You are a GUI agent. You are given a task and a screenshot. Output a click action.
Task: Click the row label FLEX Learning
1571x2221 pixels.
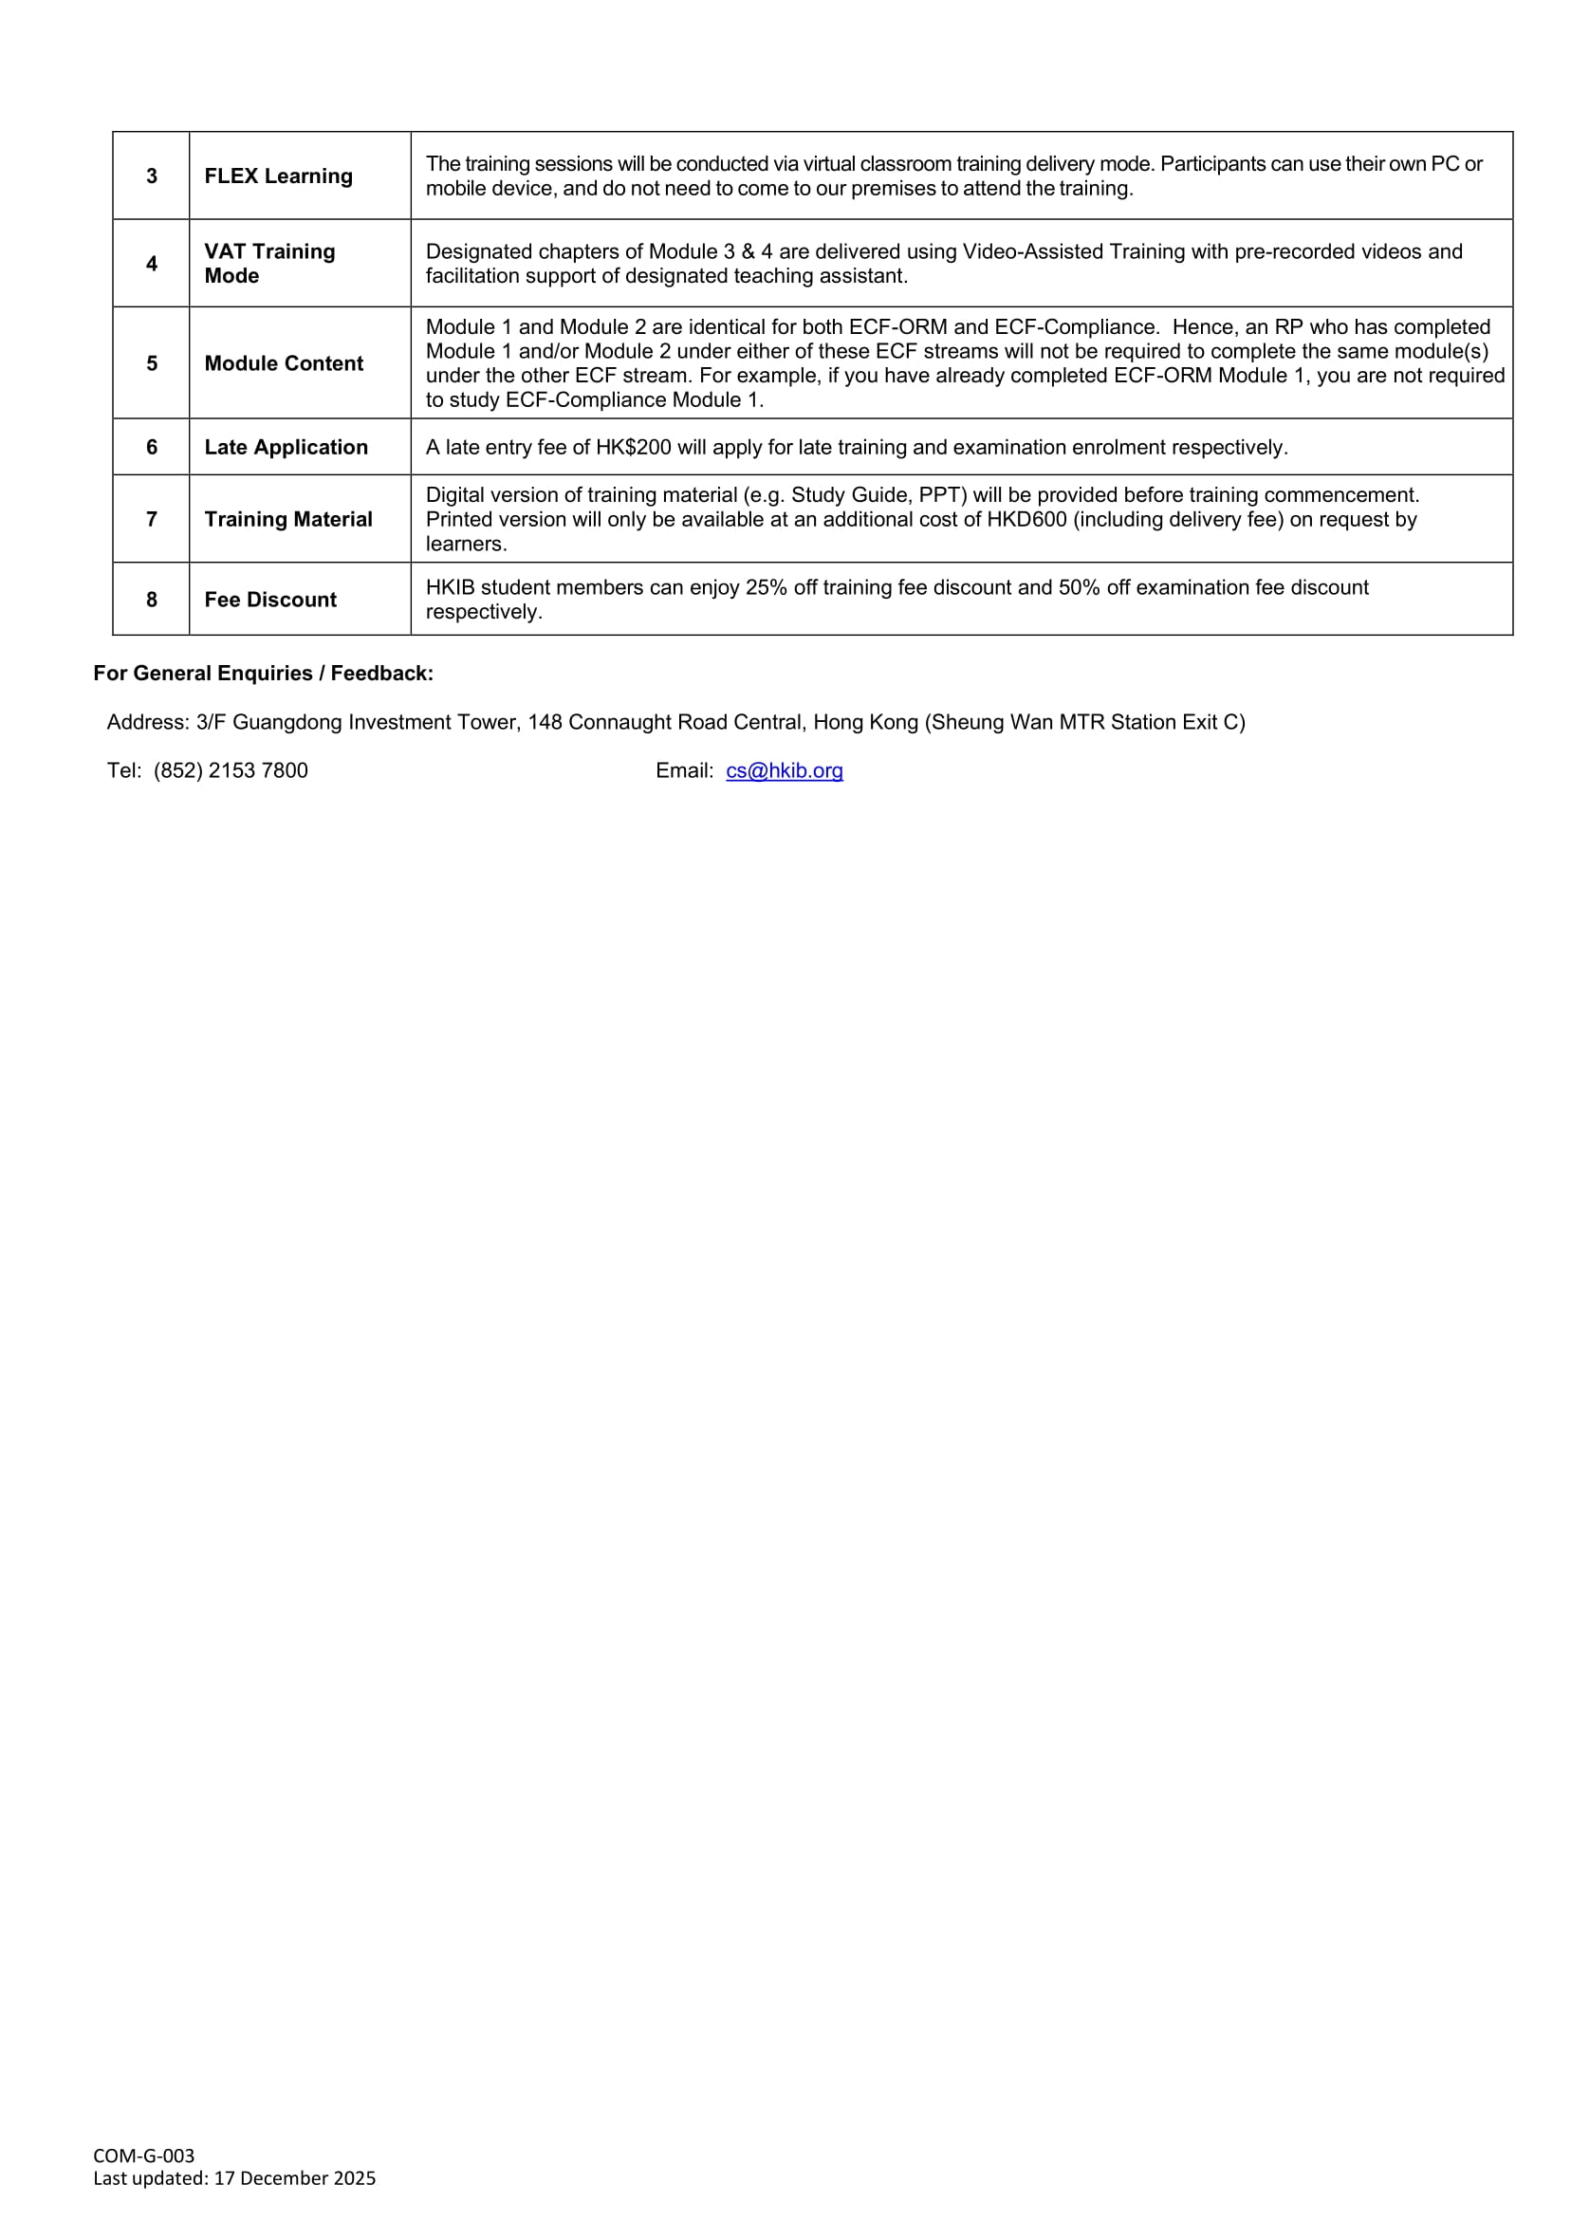coord(279,176)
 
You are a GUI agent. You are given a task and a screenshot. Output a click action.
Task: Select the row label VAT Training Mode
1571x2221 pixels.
coord(268,263)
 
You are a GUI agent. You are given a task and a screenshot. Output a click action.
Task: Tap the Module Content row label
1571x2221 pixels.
coord(284,363)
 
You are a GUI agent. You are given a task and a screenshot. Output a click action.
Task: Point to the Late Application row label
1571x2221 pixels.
coord(286,447)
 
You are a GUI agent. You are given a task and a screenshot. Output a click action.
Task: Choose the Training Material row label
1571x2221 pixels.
coord(288,520)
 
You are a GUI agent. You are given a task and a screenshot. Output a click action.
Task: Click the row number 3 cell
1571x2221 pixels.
coord(152,176)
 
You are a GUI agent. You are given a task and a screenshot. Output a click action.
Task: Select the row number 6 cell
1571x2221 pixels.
coord(152,447)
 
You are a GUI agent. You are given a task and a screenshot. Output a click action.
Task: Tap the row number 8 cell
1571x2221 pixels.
coord(152,600)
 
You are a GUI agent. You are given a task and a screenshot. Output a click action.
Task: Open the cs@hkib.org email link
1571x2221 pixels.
coord(785,771)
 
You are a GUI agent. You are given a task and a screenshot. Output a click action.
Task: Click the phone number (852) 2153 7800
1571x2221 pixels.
coord(231,771)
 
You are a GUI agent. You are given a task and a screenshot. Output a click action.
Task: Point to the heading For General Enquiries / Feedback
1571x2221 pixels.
coord(263,674)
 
